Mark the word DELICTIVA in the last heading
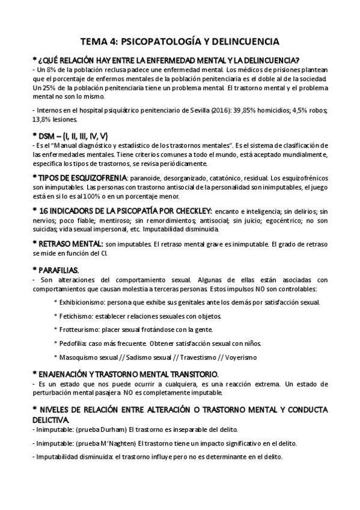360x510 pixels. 53,419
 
